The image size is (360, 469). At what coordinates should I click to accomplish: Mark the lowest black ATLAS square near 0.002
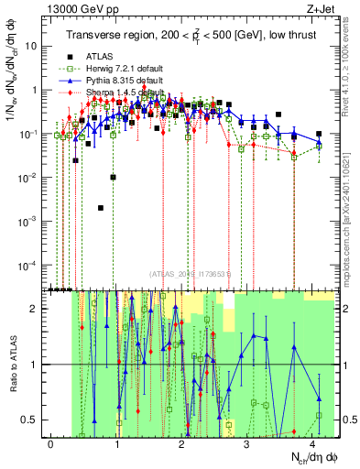pyautogui.click(x=101, y=208)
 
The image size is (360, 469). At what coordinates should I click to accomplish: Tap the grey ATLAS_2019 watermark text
pyautogui.click(x=191, y=273)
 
